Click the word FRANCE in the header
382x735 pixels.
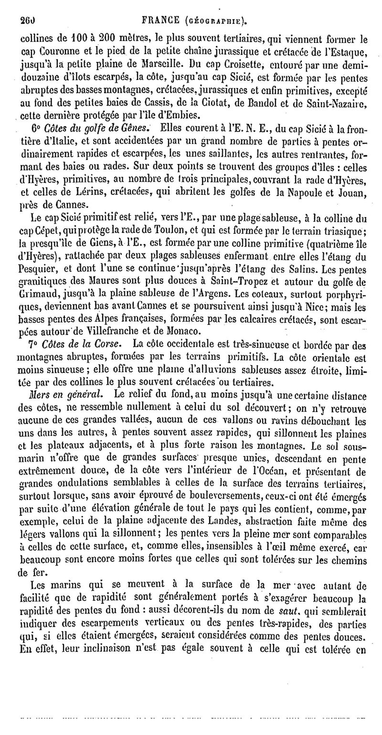click(153, 20)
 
